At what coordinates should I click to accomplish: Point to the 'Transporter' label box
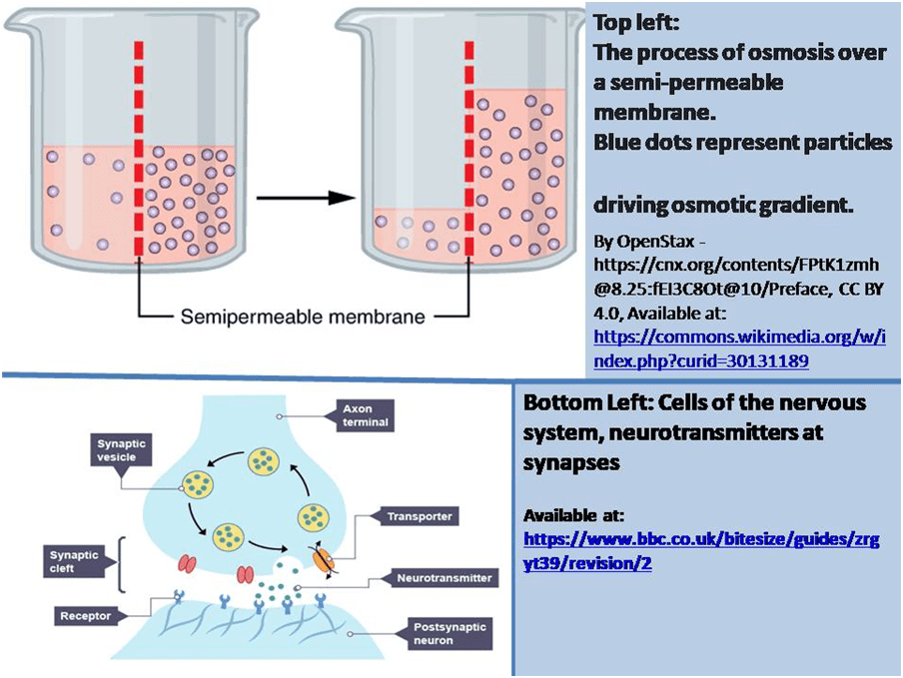tap(420, 517)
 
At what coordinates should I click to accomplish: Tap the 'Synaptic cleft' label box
tap(75, 559)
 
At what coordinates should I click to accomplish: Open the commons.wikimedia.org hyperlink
tap(740, 348)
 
